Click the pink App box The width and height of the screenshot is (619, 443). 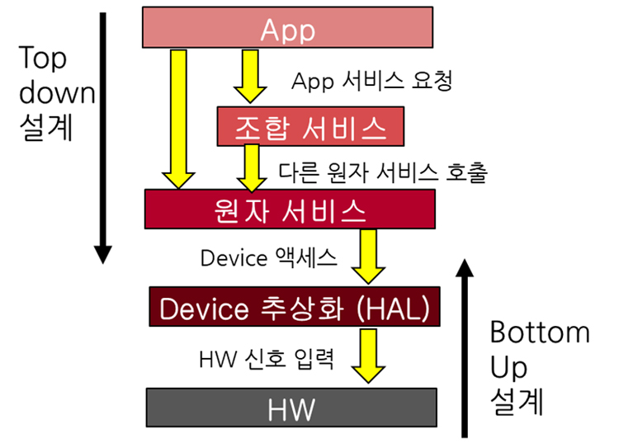point(287,27)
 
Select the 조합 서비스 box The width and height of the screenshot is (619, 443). point(310,126)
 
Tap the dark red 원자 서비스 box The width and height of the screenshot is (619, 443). point(290,209)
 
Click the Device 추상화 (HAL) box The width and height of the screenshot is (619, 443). point(295,307)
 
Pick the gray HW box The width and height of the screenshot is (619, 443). point(291,408)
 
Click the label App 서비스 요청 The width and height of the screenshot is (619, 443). point(372,81)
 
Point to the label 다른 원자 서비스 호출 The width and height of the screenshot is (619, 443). point(383,172)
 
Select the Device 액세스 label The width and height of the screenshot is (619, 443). point(268,258)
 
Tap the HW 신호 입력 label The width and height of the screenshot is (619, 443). point(267,359)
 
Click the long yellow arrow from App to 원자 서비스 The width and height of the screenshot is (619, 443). point(178,119)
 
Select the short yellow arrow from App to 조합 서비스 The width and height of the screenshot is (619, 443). point(250,76)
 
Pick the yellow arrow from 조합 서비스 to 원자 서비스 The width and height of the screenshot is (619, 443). point(252,168)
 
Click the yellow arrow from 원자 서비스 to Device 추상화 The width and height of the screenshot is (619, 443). point(368,257)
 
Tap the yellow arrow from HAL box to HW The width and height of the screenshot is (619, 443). point(368,356)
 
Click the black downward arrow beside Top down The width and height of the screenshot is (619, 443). point(102,138)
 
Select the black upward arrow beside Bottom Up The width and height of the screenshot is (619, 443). point(465,348)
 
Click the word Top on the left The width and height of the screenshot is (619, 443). point(42,59)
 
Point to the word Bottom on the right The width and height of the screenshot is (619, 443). point(540,332)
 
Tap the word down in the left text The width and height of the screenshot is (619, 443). point(57,92)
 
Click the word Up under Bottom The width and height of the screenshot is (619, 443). point(508,368)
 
